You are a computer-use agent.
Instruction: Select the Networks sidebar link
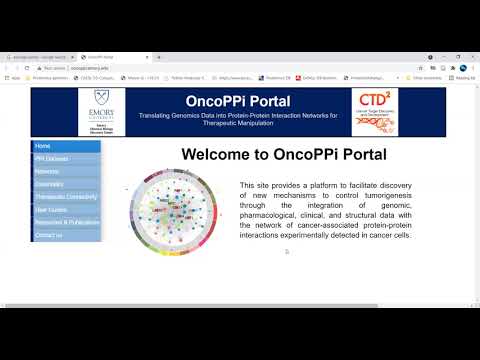(x=47, y=172)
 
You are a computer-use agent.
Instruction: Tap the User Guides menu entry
(x=50, y=210)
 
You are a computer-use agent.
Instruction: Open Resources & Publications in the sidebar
(x=65, y=223)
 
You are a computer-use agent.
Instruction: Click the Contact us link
(x=48, y=236)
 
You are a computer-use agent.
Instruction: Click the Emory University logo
(x=104, y=111)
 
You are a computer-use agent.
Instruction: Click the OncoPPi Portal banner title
(x=238, y=101)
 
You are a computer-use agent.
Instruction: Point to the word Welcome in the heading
(x=218, y=155)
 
